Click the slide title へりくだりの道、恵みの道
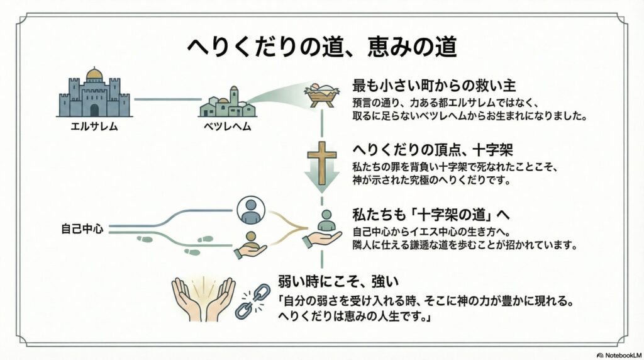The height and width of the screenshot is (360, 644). (x=322, y=47)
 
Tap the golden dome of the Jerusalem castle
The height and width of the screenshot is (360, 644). (x=94, y=74)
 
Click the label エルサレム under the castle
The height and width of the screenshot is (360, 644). (x=94, y=126)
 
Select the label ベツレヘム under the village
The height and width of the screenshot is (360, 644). (x=227, y=126)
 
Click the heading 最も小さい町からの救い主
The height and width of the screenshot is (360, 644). (x=434, y=86)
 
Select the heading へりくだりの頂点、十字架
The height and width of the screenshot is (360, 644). (x=433, y=150)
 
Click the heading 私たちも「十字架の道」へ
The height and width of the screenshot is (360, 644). (x=431, y=215)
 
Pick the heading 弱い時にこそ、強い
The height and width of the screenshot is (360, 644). (x=338, y=281)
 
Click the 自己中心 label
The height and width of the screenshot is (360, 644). (x=82, y=228)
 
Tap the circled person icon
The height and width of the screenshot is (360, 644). (x=251, y=210)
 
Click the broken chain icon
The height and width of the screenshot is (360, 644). (x=253, y=301)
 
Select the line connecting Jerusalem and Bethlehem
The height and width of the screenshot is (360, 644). (x=167, y=99)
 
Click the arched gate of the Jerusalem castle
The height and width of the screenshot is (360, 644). (x=94, y=110)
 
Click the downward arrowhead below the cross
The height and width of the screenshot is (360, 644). (x=322, y=181)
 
